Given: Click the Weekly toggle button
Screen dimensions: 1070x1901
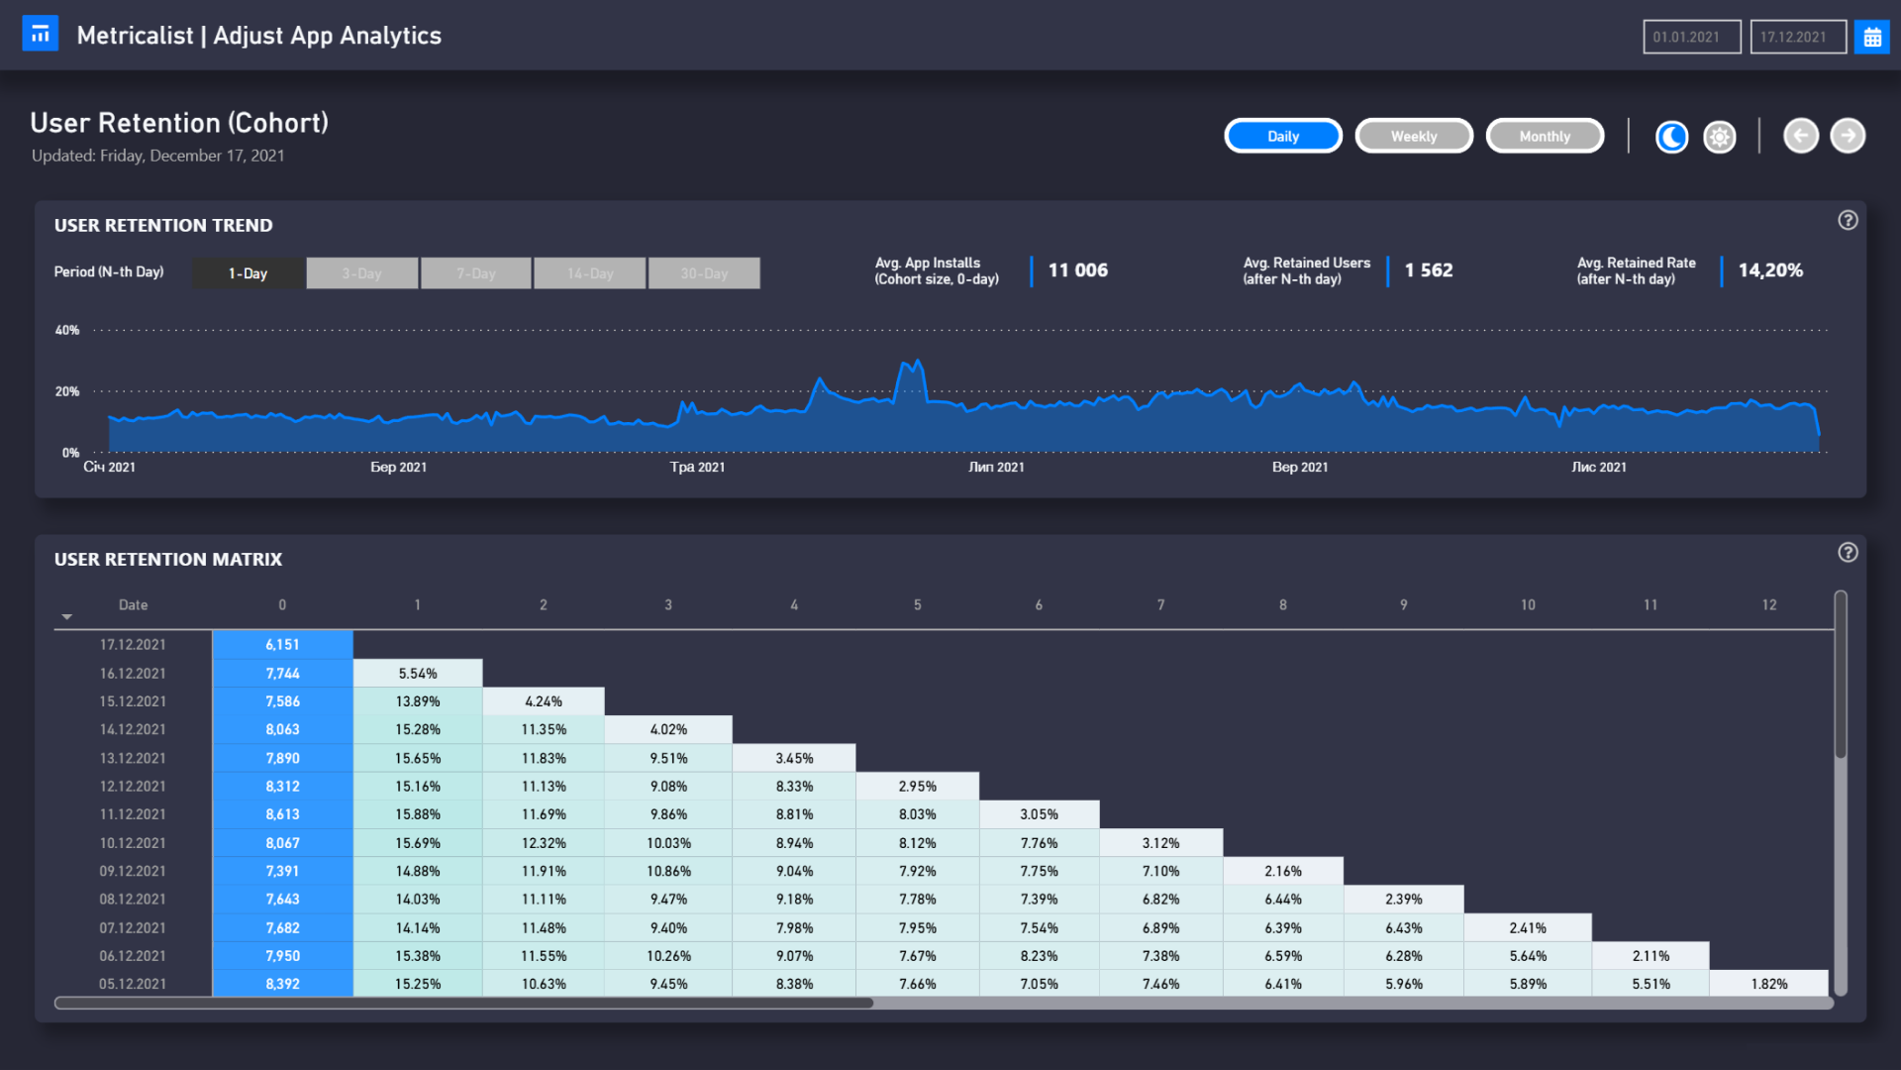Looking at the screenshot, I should point(1413,136).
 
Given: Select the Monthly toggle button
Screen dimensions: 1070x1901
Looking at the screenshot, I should point(1544,136).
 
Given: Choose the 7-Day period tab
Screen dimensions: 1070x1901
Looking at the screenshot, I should point(475,273).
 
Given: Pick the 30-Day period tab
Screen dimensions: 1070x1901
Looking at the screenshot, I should point(704,273).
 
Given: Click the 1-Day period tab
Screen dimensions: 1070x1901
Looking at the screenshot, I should point(248,273).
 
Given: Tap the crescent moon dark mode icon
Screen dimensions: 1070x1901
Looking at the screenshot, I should point(1671,137).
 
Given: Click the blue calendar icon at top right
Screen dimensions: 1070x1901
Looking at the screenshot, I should point(1871,37).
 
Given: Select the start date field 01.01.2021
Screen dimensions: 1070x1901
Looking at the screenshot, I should point(1691,37).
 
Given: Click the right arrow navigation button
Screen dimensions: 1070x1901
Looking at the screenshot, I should point(1847,136).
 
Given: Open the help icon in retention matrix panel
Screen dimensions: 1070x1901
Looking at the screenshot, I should point(1848,553).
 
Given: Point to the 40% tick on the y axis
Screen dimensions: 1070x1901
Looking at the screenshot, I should point(67,330).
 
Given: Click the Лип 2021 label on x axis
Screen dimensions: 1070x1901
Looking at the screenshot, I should point(996,467).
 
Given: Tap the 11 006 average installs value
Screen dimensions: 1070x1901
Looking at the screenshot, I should point(1077,269).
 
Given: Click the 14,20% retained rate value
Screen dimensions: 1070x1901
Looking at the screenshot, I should point(1770,269).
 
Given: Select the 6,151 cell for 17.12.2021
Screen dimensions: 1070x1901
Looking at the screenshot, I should point(282,644).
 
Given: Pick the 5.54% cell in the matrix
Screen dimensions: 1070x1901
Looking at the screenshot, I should point(418,673).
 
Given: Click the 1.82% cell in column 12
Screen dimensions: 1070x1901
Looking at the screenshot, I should point(1768,984).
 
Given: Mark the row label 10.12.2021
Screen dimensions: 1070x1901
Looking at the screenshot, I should point(133,843).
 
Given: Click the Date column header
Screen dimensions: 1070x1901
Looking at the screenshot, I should point(133,604).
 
